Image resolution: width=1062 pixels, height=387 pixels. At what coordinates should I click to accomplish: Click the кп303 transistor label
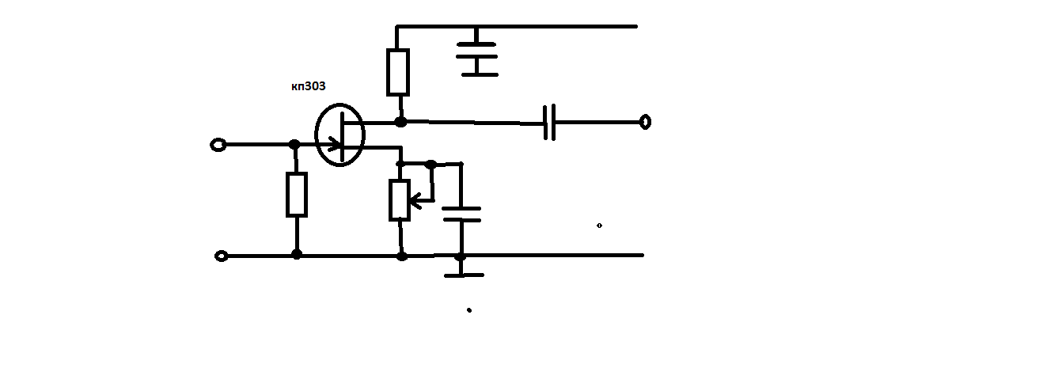click(308, 86)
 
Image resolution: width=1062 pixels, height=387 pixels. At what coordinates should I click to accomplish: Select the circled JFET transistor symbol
click(340, 135)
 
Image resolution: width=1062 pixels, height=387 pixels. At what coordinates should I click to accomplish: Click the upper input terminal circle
click(218, 145)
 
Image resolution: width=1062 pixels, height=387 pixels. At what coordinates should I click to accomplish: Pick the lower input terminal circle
click(222, 256)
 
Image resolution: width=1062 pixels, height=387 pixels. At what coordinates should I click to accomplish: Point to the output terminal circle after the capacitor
click(645, 122)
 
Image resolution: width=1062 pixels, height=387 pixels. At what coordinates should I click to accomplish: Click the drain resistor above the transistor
click(398, 72)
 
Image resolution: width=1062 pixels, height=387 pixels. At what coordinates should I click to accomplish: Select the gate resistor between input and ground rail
click(297, 195)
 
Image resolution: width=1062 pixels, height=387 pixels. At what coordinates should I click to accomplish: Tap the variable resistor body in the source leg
click(400, 200)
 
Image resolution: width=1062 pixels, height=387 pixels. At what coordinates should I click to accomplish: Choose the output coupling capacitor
click(549, 123)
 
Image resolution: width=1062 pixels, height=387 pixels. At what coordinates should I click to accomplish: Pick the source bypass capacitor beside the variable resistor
click(461, 214)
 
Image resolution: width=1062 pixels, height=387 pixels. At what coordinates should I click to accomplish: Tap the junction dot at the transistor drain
click(400, 122)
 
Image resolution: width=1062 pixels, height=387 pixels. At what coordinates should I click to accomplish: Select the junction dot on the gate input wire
click(294, 144)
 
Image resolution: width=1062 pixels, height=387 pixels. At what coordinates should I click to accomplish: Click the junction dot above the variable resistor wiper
click(431, 165)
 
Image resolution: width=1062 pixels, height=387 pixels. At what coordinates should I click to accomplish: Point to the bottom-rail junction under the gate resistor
click(297, 255)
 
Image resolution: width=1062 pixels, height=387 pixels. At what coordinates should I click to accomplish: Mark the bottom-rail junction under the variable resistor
click(402, 256)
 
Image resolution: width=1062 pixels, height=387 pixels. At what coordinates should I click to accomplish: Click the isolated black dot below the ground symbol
click(469, 310)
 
